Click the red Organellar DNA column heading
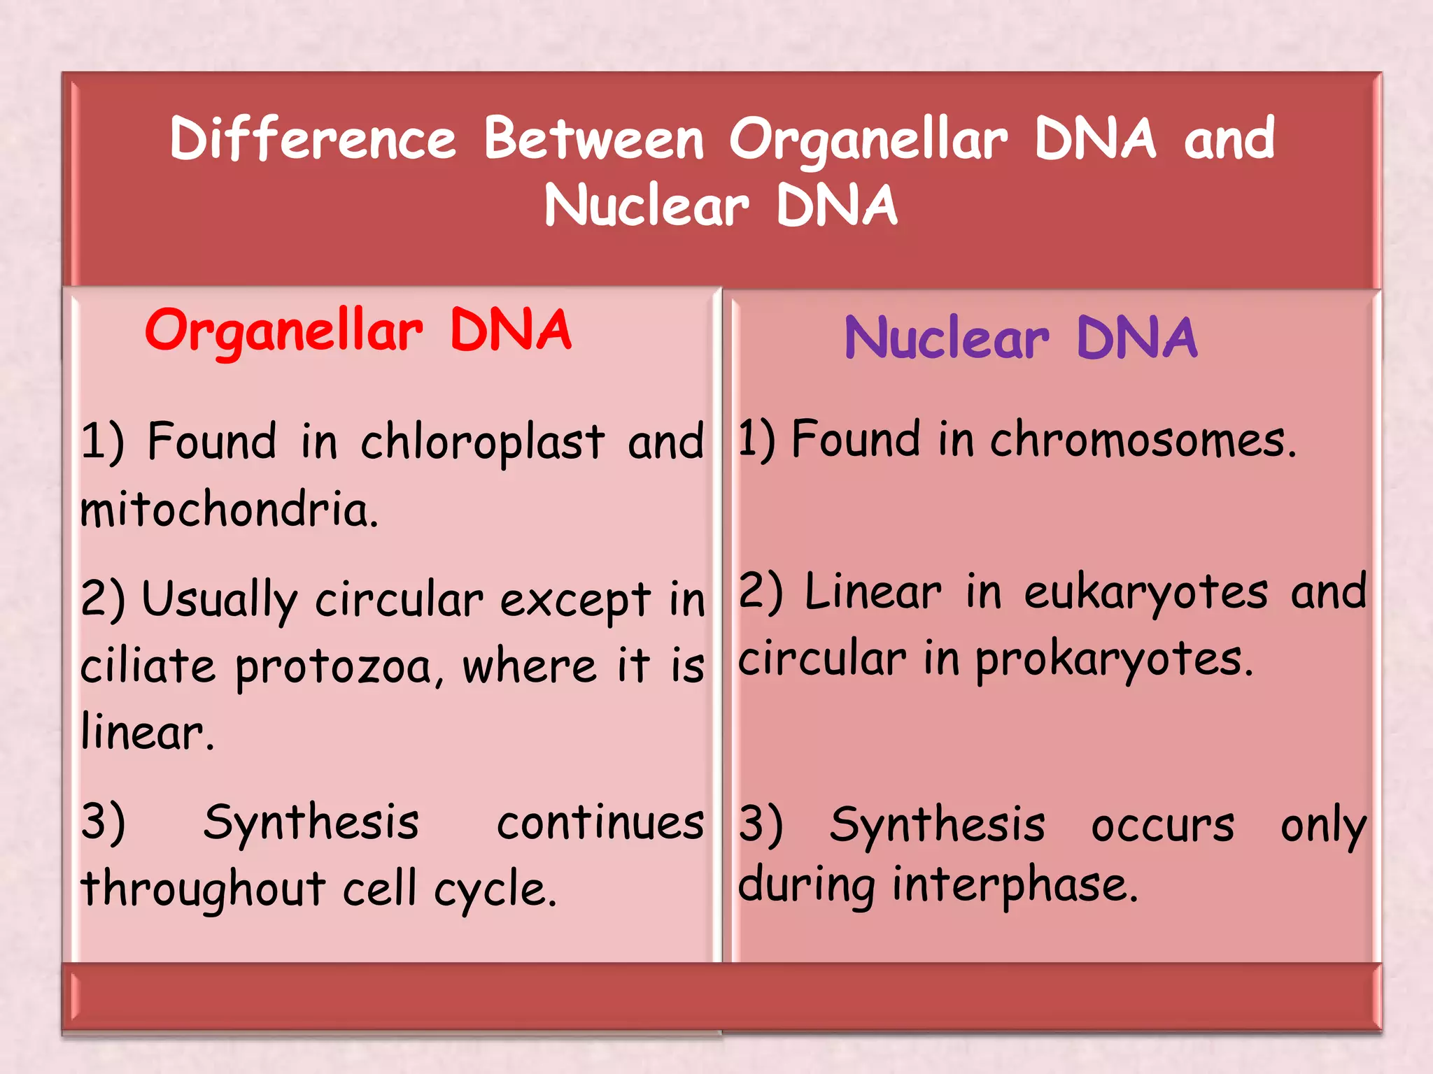358,331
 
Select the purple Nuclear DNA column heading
1020,339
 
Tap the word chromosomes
1143,441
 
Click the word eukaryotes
1145,594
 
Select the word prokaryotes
1113,660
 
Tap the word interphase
1015,885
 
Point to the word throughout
203,890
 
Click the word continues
600,824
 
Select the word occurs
1162,826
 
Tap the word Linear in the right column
873,593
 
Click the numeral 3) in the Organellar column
103,822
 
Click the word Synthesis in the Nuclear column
937,826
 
